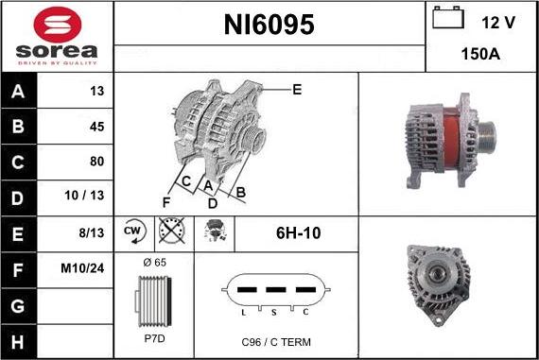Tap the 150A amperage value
(480, 54)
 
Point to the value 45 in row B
(96, 126)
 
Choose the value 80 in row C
(96, 161)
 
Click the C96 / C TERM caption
(275, 341)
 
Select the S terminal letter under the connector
(275, 311)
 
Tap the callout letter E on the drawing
(297, 90)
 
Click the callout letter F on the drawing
(166, 201)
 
